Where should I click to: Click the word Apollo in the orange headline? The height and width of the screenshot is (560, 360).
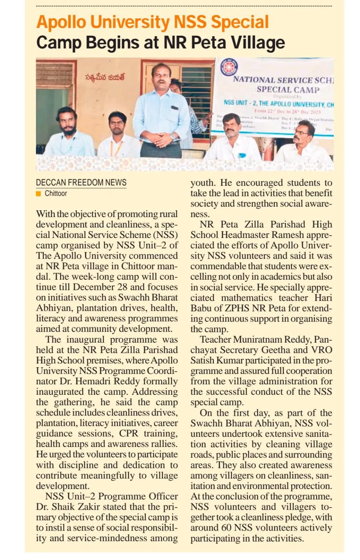(x=61, y=22)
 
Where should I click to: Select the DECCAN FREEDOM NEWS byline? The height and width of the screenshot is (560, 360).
(x=81, y=182)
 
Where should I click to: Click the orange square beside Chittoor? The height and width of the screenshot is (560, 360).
(x=38, y=194)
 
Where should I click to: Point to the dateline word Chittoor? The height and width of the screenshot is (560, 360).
(x=56, y=194)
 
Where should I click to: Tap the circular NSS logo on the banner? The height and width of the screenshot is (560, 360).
(x=229, y=67)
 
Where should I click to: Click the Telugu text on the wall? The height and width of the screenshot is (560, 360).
(x=105, y=77)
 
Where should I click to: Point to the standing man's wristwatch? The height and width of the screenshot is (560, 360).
(x=172, y=137)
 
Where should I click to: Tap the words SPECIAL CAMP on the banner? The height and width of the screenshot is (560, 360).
(x=288, y=90)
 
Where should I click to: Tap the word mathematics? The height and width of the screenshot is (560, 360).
(x=246, y=298)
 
